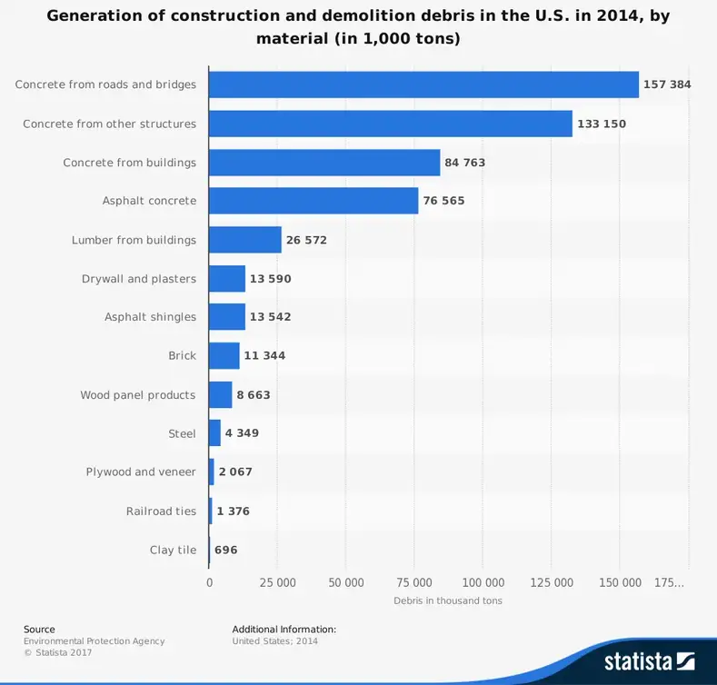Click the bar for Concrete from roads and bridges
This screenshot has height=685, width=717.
pos(423,84)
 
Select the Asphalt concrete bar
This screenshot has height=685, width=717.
pos(314,201)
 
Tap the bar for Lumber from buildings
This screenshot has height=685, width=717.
pos(245,240)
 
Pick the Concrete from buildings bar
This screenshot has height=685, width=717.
pos(324,163)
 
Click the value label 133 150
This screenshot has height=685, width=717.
pos(601,124)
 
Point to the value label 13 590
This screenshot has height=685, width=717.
pos(271,279)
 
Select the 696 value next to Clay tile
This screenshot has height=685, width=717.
pos(226,550)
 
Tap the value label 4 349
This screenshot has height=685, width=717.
pos(242,433)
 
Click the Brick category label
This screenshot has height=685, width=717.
pos(182,355)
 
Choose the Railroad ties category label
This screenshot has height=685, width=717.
pos(161,511)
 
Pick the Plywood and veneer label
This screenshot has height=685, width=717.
pos(141,472)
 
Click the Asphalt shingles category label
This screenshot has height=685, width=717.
pos(150,317)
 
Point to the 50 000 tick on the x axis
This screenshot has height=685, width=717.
pos(346,582)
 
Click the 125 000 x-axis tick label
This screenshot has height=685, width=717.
pos(552,582)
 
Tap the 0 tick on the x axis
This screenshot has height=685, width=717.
pos(210,582)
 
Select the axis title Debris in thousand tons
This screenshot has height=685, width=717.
pos(448,601)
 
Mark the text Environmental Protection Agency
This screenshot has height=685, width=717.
pos(95,640)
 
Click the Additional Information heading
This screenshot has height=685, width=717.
pos(284,629)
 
